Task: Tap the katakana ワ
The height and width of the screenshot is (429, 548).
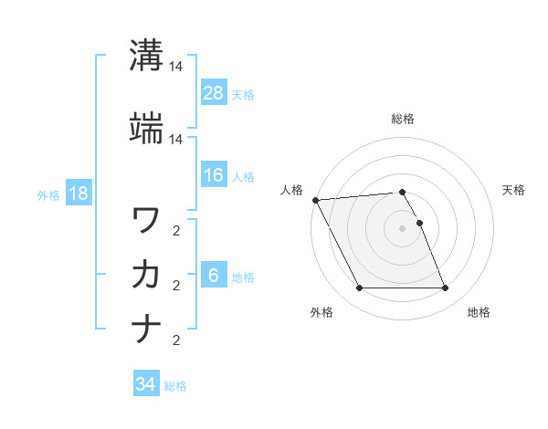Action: point(146,220)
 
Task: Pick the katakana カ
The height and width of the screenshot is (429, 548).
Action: point(146,274)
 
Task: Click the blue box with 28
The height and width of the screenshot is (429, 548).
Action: point(213,92)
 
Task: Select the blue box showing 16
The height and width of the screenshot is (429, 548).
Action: point(213,175)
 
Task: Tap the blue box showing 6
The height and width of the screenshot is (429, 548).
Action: point(213,277)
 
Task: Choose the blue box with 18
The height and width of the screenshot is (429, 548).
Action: point(78,194)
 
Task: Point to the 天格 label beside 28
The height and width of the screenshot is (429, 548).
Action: point(243,95)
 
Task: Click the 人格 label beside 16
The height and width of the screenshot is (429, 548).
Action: point(243,177)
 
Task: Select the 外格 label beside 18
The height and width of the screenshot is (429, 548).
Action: point(48,194)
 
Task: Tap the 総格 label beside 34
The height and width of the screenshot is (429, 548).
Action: point(175,386)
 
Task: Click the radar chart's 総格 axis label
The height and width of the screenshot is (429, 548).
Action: point(403,119)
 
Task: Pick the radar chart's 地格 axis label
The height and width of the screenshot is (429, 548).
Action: point(479,313)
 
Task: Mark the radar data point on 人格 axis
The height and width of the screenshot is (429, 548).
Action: point(315,200)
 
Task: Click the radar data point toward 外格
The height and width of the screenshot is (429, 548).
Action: point(359,288)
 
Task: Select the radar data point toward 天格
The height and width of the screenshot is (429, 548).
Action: point(419,223)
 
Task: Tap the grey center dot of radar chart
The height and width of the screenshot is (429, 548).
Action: point(403,228)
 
